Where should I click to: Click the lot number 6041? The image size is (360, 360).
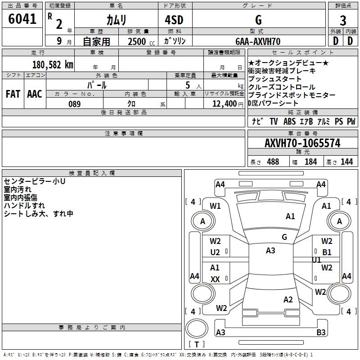tap(22, 19)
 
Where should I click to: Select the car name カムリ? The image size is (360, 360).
tap(116, 20)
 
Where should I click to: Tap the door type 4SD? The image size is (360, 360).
tap(174, 20)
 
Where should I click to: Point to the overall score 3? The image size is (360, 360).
tap(343, 20)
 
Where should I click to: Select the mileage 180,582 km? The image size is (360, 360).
tap(53, 65)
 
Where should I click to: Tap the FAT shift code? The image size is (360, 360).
tap(13, 94)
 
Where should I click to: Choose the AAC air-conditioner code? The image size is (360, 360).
tap(34, 94)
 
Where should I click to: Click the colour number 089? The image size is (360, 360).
tap(74, 104)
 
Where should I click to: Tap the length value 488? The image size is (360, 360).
tap(273, 162)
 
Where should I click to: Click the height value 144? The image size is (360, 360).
tap(346, 162)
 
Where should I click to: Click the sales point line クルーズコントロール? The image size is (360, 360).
tap(282, 87)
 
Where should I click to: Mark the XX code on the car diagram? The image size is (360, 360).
tap(215, 279)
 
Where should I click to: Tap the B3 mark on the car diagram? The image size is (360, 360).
tap(321, 333)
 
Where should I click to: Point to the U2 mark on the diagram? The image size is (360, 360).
tap(215, 252)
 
